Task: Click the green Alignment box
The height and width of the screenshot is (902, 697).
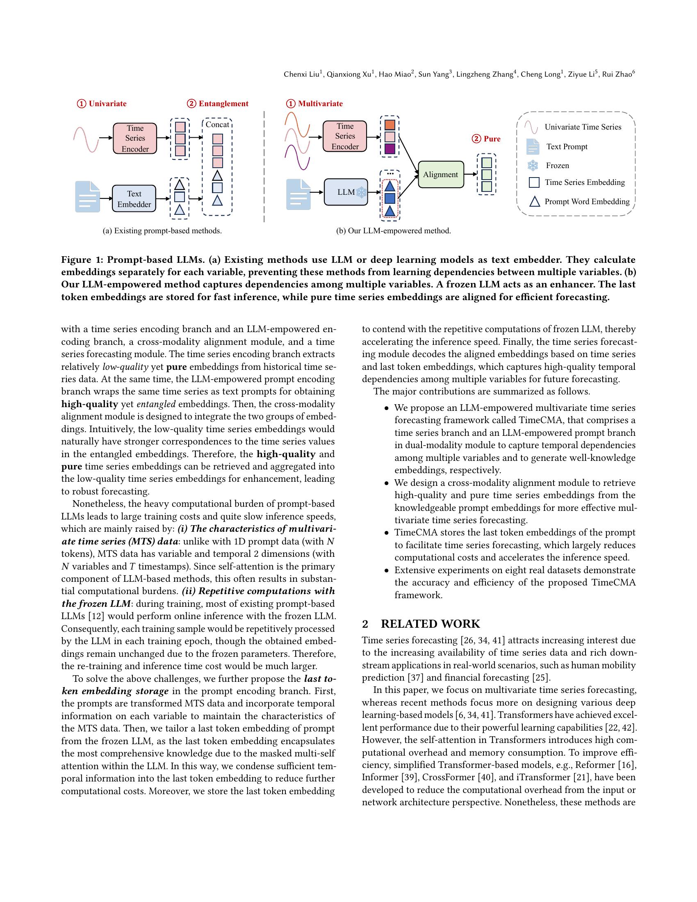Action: click(x=441, y=174)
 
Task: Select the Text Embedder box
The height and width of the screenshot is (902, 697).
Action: click(x=134, y=199)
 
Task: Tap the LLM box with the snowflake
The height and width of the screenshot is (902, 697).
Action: click(x=346, y=192)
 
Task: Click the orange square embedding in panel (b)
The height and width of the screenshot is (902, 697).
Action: click(x=389, y=125)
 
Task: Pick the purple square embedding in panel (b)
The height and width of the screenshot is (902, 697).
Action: click(x=389, y=149)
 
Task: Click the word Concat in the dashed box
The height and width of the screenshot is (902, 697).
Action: click(x=217, y=125)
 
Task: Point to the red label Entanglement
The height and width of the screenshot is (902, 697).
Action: click(x=223, y=104)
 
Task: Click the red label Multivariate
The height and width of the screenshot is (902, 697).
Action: click(x=320, y=104)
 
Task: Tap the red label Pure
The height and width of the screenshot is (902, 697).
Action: click(x=492, y=139)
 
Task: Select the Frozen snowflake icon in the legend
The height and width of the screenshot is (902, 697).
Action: click(x=533, y=166)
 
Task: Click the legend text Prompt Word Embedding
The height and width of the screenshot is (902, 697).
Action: click(x=587, y=202)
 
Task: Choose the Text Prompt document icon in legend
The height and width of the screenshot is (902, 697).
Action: click(x=533, y=147)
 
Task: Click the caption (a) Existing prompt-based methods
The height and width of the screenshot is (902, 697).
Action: click(x=162, y=231)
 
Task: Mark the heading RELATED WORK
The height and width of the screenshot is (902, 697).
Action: click(x=430, y=624)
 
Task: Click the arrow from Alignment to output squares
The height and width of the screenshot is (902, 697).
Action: click(x=470, y=174)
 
